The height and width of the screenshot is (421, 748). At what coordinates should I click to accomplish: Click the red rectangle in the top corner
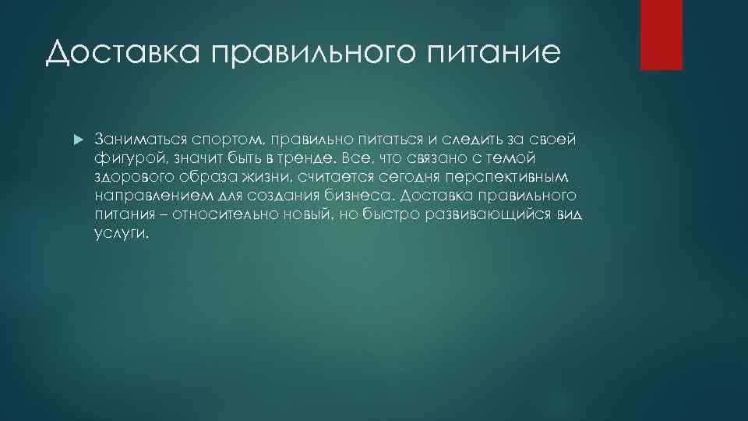(661, 34)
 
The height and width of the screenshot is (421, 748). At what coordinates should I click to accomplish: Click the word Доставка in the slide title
(123, 53)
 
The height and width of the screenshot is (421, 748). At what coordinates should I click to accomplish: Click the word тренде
(306, 157)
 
